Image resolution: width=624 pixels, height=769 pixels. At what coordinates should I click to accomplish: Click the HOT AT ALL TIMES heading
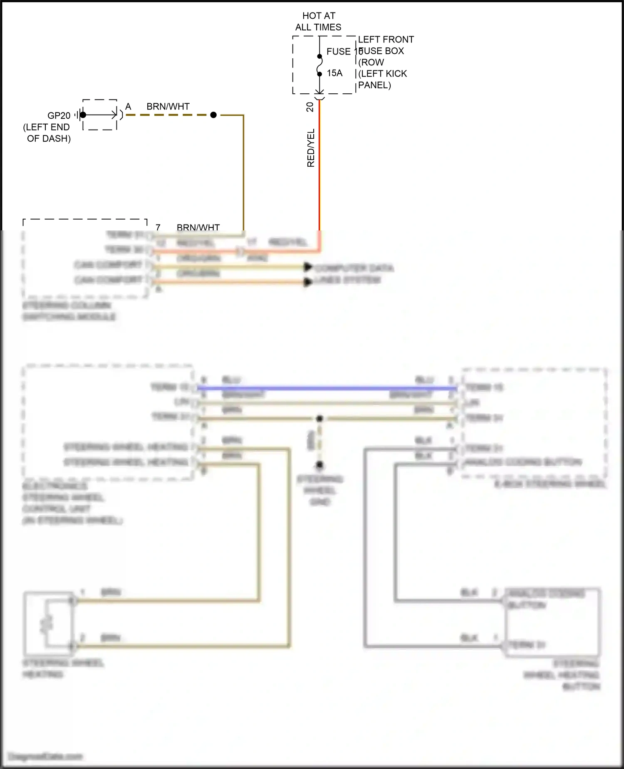pyautogui.click(x=318, y=21)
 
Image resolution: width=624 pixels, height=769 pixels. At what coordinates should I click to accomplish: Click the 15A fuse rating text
pyautogui.click(x=334, y=73)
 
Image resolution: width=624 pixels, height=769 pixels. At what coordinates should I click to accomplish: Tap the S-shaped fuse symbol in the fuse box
pyautogui.click(x=319, y=65)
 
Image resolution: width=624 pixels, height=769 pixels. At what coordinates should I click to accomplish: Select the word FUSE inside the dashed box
pyautogui.click(x=338, y=52)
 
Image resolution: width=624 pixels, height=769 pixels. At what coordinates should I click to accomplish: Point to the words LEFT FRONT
pyautogui.click(x=386, y=40)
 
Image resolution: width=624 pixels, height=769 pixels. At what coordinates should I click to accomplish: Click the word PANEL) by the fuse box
pyautogui.click(x=374, y=85)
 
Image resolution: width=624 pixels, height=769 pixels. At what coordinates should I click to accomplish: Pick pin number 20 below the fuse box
pyautogui.click(x=310, y=107)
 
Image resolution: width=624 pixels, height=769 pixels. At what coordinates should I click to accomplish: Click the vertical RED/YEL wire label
pyautogui.click(x=311, y=148)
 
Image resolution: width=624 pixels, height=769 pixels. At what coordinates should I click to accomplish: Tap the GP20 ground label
pyautogui.click(x=59, y=116)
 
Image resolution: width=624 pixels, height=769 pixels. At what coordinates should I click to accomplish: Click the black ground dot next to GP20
pyautogui.click(x=83, y=115)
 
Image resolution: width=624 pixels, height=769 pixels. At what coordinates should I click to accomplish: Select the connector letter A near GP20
pyautogui.click(x=128, y=107)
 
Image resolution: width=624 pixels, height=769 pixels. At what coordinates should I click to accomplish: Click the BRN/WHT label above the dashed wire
pyautogui.click(x=168, y=107)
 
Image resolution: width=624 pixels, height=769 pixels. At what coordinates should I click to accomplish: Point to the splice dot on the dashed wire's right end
pyautogui.click(x=213, y=115)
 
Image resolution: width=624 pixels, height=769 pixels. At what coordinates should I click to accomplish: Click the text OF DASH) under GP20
pyautogui.click(x=49, y=139)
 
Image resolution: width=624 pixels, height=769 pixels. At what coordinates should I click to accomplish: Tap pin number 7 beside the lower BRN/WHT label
pyautogui.click(x=158, y=227)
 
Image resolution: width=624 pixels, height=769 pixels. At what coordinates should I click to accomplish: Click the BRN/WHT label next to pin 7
pyautogui.click(x=198, y=227)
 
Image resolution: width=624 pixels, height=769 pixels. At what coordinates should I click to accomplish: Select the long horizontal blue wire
pyautogui.click(x=324, y=388)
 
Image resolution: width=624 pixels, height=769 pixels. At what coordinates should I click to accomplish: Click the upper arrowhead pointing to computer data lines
pyautogui.click(x=308, y=267)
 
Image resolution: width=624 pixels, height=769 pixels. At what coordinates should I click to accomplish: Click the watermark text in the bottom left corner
pyautogui.click(x=46, y=757)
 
